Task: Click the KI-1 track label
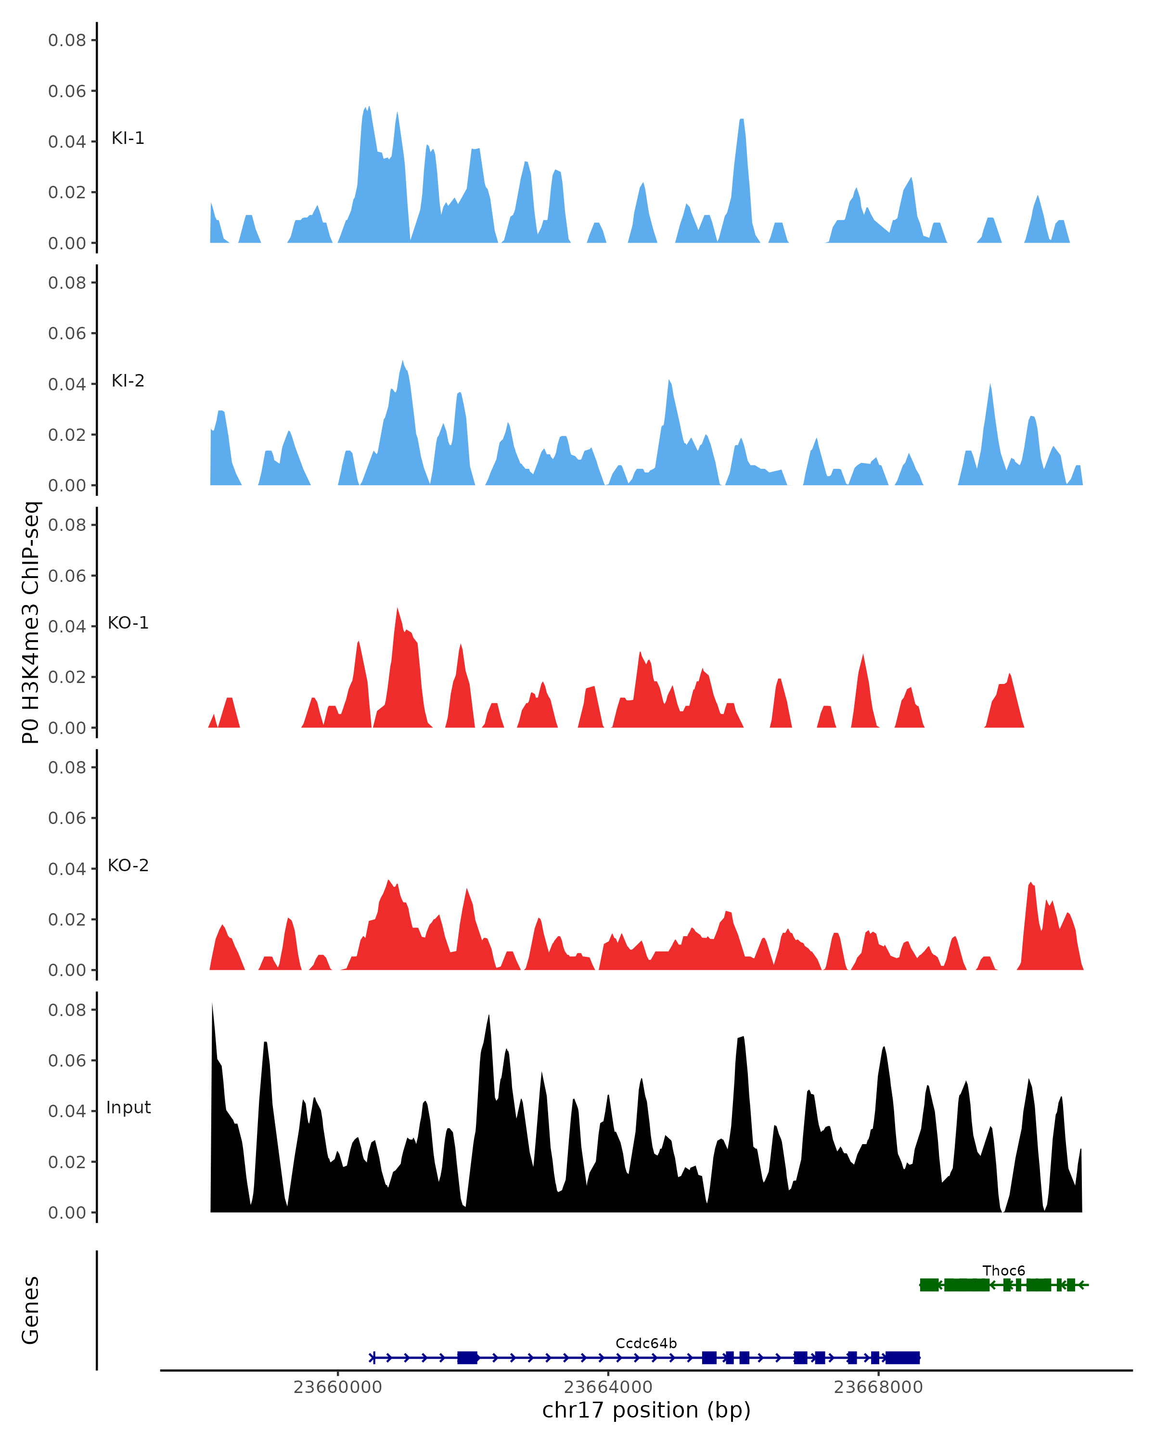128,138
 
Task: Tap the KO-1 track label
128,623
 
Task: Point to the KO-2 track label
128,865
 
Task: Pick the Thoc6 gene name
1003,1271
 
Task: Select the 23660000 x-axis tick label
337,1387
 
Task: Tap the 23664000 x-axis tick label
608,1387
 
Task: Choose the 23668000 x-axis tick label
878,1387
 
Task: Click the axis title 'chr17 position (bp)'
646,1410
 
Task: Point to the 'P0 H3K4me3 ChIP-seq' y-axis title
31,622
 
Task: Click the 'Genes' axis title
31,1310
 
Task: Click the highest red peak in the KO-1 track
397,609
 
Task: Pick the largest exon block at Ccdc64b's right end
902,1358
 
